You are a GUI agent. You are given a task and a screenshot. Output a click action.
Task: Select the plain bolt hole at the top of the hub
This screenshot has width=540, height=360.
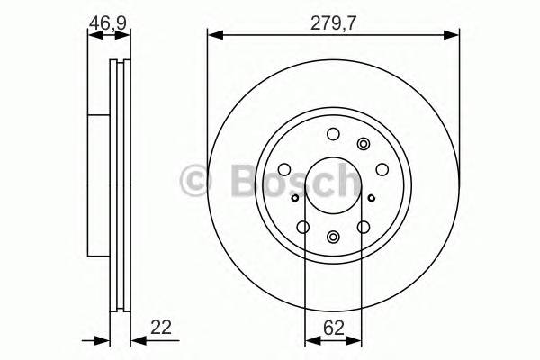tap(333, 135)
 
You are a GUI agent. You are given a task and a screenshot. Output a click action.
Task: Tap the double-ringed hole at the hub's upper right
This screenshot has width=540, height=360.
tap(364, 144)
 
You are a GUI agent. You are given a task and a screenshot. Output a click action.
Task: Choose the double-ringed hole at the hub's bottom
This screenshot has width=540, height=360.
tap(333, 238)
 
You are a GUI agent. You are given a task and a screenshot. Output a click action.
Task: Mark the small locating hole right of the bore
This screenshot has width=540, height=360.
tap(370, 193)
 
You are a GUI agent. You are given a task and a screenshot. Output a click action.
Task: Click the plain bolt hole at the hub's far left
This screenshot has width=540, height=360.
tap(283, 168)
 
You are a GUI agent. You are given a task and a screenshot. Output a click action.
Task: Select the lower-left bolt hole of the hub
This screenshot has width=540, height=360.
tap(303, 227)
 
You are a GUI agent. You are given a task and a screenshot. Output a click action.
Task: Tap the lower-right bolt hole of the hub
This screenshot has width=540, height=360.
tap(364, 227)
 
